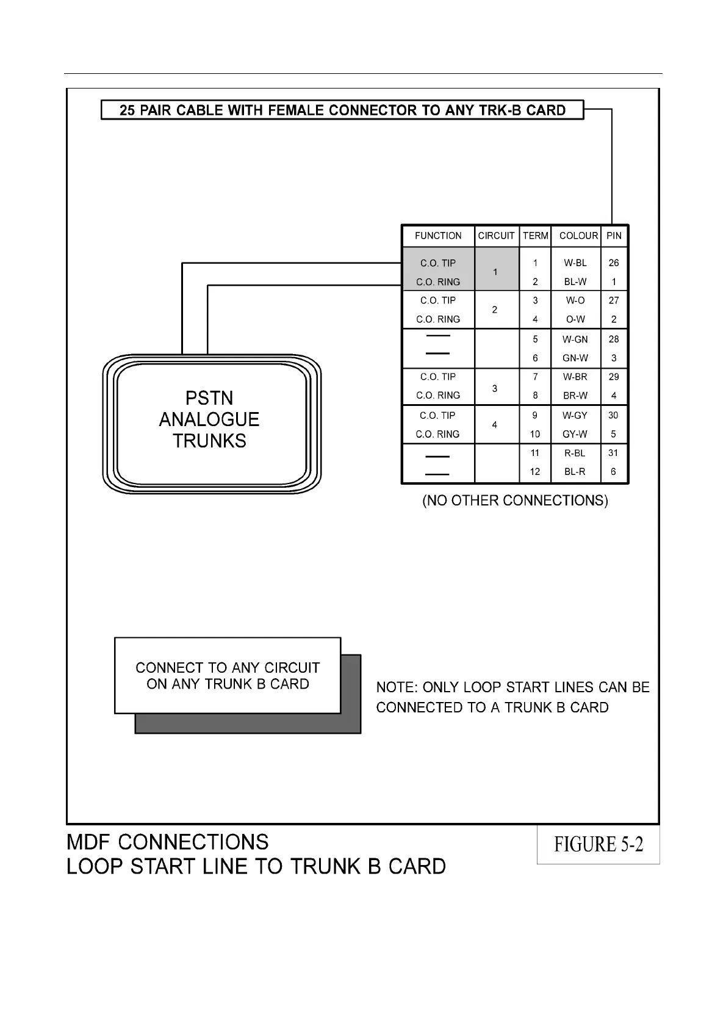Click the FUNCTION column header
[438, 236]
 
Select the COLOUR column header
[578, 236]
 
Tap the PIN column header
[614, 236]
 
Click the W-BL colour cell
[575, 263]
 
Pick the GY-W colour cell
[575, 434]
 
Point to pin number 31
[613, 453]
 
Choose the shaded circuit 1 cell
[495, 272]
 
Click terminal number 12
[535, 471]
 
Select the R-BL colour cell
[575, 453]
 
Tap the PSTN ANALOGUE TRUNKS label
[209, 419]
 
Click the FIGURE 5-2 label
[598, 845]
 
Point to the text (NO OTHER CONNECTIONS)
[516, 501]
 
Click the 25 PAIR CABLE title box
[342, 110]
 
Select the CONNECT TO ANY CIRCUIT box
[228, 676]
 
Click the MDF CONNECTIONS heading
[168, 842]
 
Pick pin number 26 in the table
[614, 263]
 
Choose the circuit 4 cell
[495, 425]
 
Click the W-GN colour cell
[575, 339]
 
